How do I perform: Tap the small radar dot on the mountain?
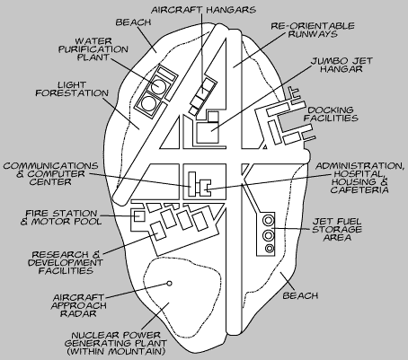[168, 284]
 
